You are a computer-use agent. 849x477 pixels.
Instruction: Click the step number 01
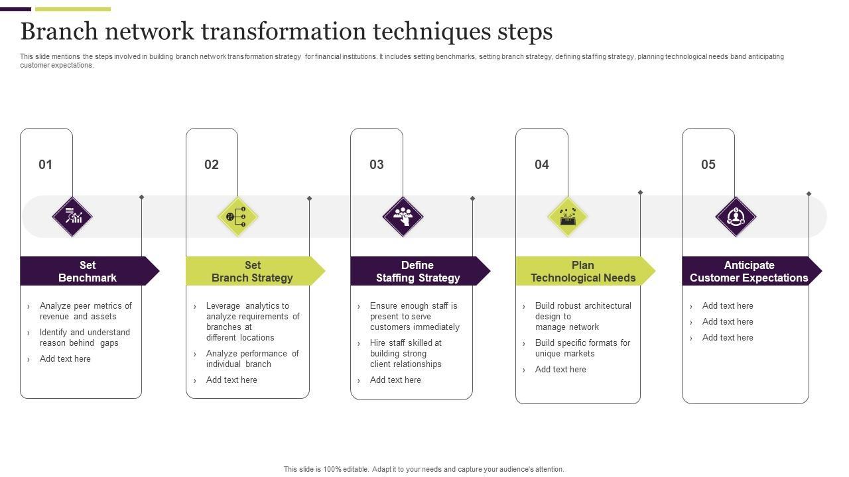[45, 164]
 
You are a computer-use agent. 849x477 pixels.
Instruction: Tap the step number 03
[377, 164]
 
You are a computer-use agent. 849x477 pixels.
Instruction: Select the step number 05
[708, 164]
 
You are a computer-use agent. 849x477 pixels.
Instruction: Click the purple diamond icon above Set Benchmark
[72, 217]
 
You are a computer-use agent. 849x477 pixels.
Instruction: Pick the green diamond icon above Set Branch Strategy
[237, 217]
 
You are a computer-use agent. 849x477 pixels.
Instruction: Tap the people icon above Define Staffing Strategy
[403, 217]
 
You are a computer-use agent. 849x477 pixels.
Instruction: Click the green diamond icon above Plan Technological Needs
[568, 217]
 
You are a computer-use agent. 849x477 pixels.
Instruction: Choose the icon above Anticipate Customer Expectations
[736, 217]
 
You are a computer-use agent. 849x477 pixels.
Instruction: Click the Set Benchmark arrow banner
[88, 271]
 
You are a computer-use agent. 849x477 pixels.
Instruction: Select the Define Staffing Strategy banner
[418, 271]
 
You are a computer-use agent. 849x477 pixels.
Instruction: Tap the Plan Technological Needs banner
[583, 271]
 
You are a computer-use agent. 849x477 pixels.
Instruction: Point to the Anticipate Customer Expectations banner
[749, 271]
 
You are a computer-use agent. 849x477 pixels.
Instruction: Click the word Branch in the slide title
[60, 31]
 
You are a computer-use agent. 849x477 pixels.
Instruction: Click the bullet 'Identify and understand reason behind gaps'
[85, 337]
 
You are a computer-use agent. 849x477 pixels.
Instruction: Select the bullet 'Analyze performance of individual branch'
[252, 358]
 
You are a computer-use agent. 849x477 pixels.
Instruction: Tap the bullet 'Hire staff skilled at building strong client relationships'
[406, 353]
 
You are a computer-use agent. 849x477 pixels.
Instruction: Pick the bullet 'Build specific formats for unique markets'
[582, 348]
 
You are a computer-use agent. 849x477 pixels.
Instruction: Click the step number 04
[542, 164]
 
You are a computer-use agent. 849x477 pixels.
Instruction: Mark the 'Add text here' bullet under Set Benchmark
[65, 358]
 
